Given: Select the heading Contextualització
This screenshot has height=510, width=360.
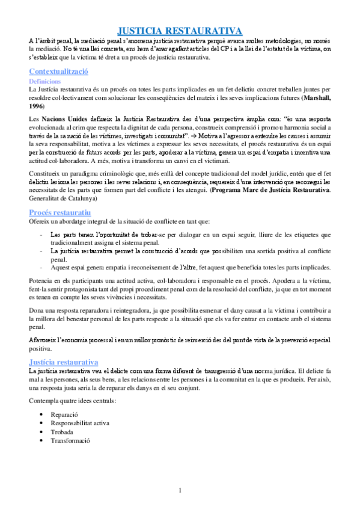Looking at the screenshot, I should click(59, 72).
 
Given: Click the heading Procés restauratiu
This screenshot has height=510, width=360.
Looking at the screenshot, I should click(60, 213).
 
